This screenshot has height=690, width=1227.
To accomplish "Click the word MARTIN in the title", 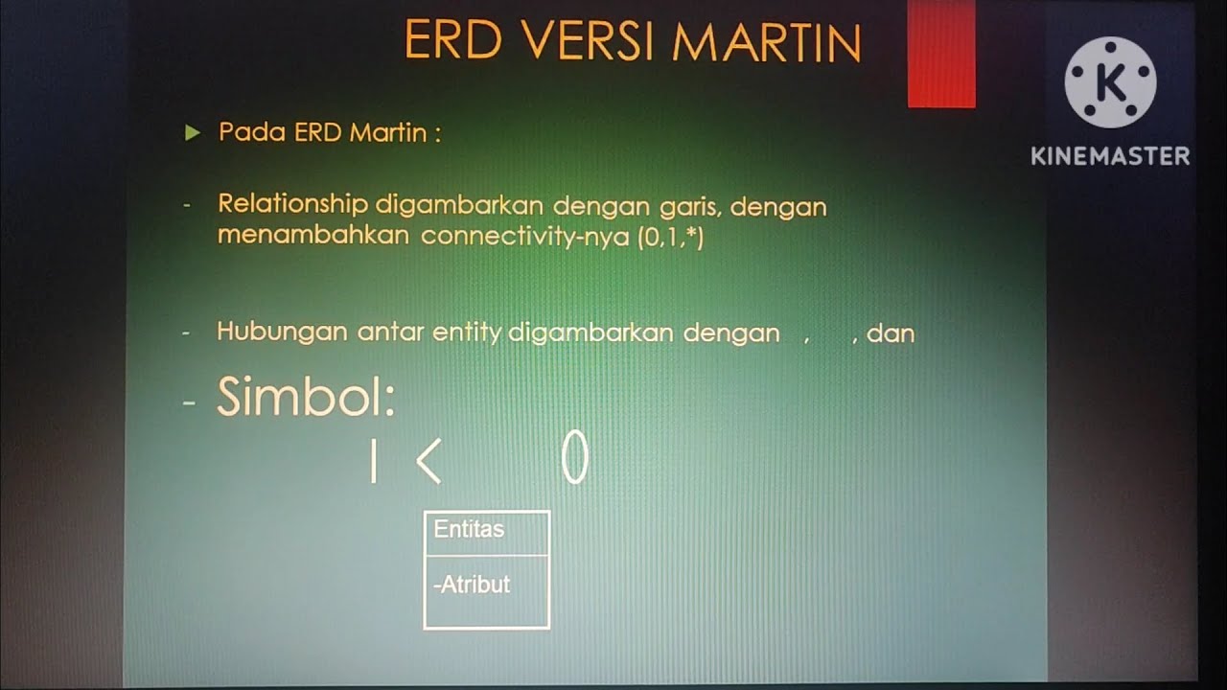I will [766, 42].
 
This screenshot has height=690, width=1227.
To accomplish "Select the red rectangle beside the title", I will [941, 53].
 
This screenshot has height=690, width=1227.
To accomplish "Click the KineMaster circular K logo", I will [1110, 82].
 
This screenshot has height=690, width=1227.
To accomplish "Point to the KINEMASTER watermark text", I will [1110, 155].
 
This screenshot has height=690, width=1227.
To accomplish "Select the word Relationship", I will [292, 205].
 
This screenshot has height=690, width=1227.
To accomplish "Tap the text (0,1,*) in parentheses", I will [670, 237].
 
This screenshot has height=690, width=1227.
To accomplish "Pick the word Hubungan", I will [283, 333].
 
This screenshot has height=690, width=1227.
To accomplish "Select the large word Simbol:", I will [306, 397].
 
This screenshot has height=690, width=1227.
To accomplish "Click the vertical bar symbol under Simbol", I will [373, 461].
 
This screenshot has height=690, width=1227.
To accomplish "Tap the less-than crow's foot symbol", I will [428, 461].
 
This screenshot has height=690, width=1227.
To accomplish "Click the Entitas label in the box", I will [469, 529].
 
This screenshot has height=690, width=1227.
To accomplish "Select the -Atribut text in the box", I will [472, 585].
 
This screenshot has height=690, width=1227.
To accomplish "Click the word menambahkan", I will [313, 237].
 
